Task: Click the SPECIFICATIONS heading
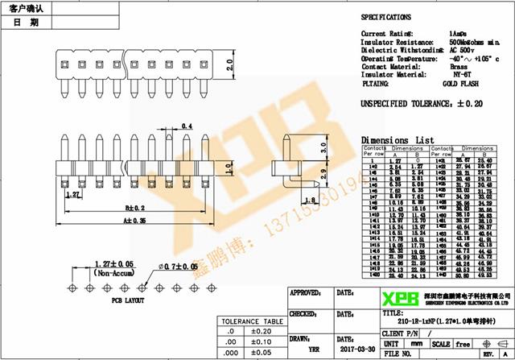pyautogui.click(x=385, y=17)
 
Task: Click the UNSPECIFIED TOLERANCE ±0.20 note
pyautogui.click(x=420, y=104)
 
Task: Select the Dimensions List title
pyautogui.click(x=397, y=139)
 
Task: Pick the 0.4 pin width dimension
pyautogui.click(x=187, y=126)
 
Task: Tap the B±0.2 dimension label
pyautogui.click(x=134, y=207)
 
